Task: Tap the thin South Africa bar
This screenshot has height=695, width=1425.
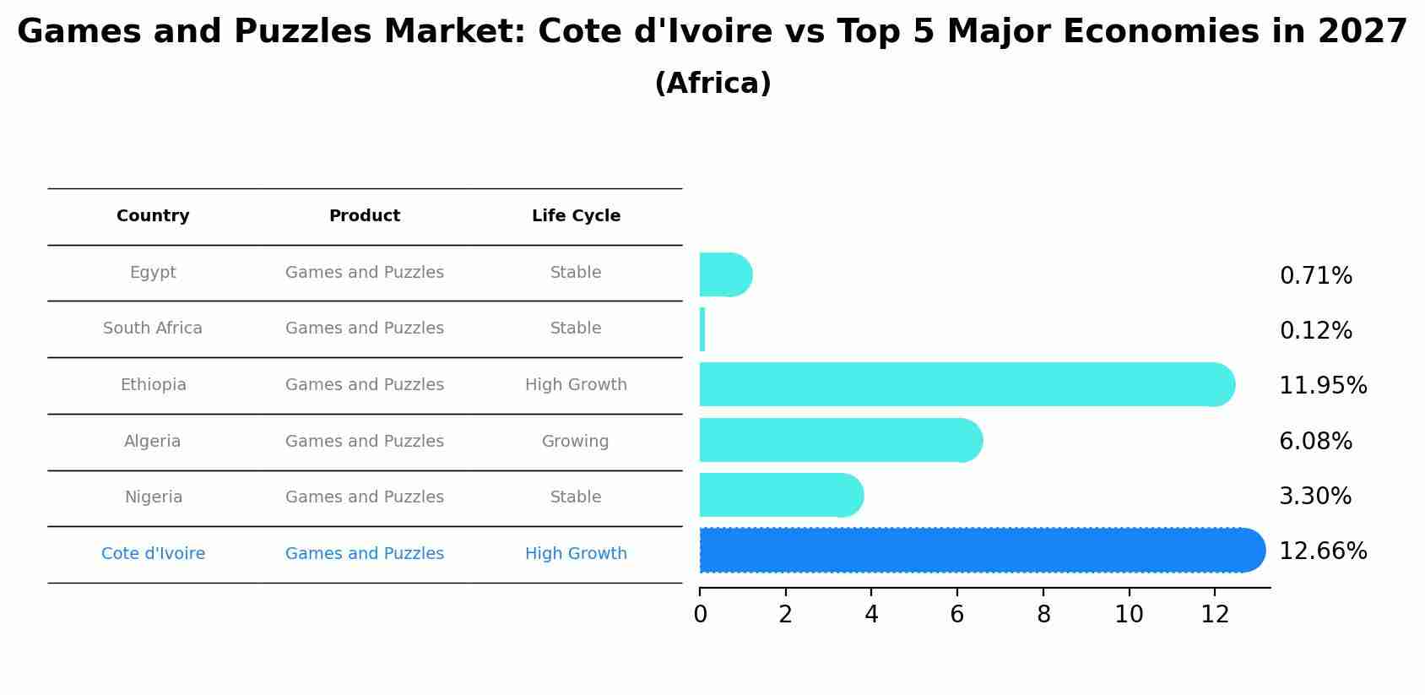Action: (x=702, y=329)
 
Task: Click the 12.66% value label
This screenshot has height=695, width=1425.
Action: (x=1323, y=551)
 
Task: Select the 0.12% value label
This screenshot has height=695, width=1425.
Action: (x=1315, y=331)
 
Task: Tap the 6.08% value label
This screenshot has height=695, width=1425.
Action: (x=1315, y=441)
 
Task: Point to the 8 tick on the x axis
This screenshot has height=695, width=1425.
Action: (x=1043, y=615)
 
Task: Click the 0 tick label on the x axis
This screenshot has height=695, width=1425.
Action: (x=700, y=615)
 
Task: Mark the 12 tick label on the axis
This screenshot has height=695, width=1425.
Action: (x=1215, y=615)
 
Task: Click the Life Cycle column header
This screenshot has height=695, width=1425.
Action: (x=576, y=216)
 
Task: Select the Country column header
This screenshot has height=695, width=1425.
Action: (x=153, y=216)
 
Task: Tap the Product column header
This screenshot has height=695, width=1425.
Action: (x=365, y=216)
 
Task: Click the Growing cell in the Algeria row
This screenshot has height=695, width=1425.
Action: (x=575, y=441)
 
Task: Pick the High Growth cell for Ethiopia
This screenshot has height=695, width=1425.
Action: (x=576, y=385)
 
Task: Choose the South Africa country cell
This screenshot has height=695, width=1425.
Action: (x=153, y=328)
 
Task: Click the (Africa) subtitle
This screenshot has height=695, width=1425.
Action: (x=712, y=84)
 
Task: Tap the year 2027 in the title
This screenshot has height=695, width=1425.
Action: (x=1362, y=32)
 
